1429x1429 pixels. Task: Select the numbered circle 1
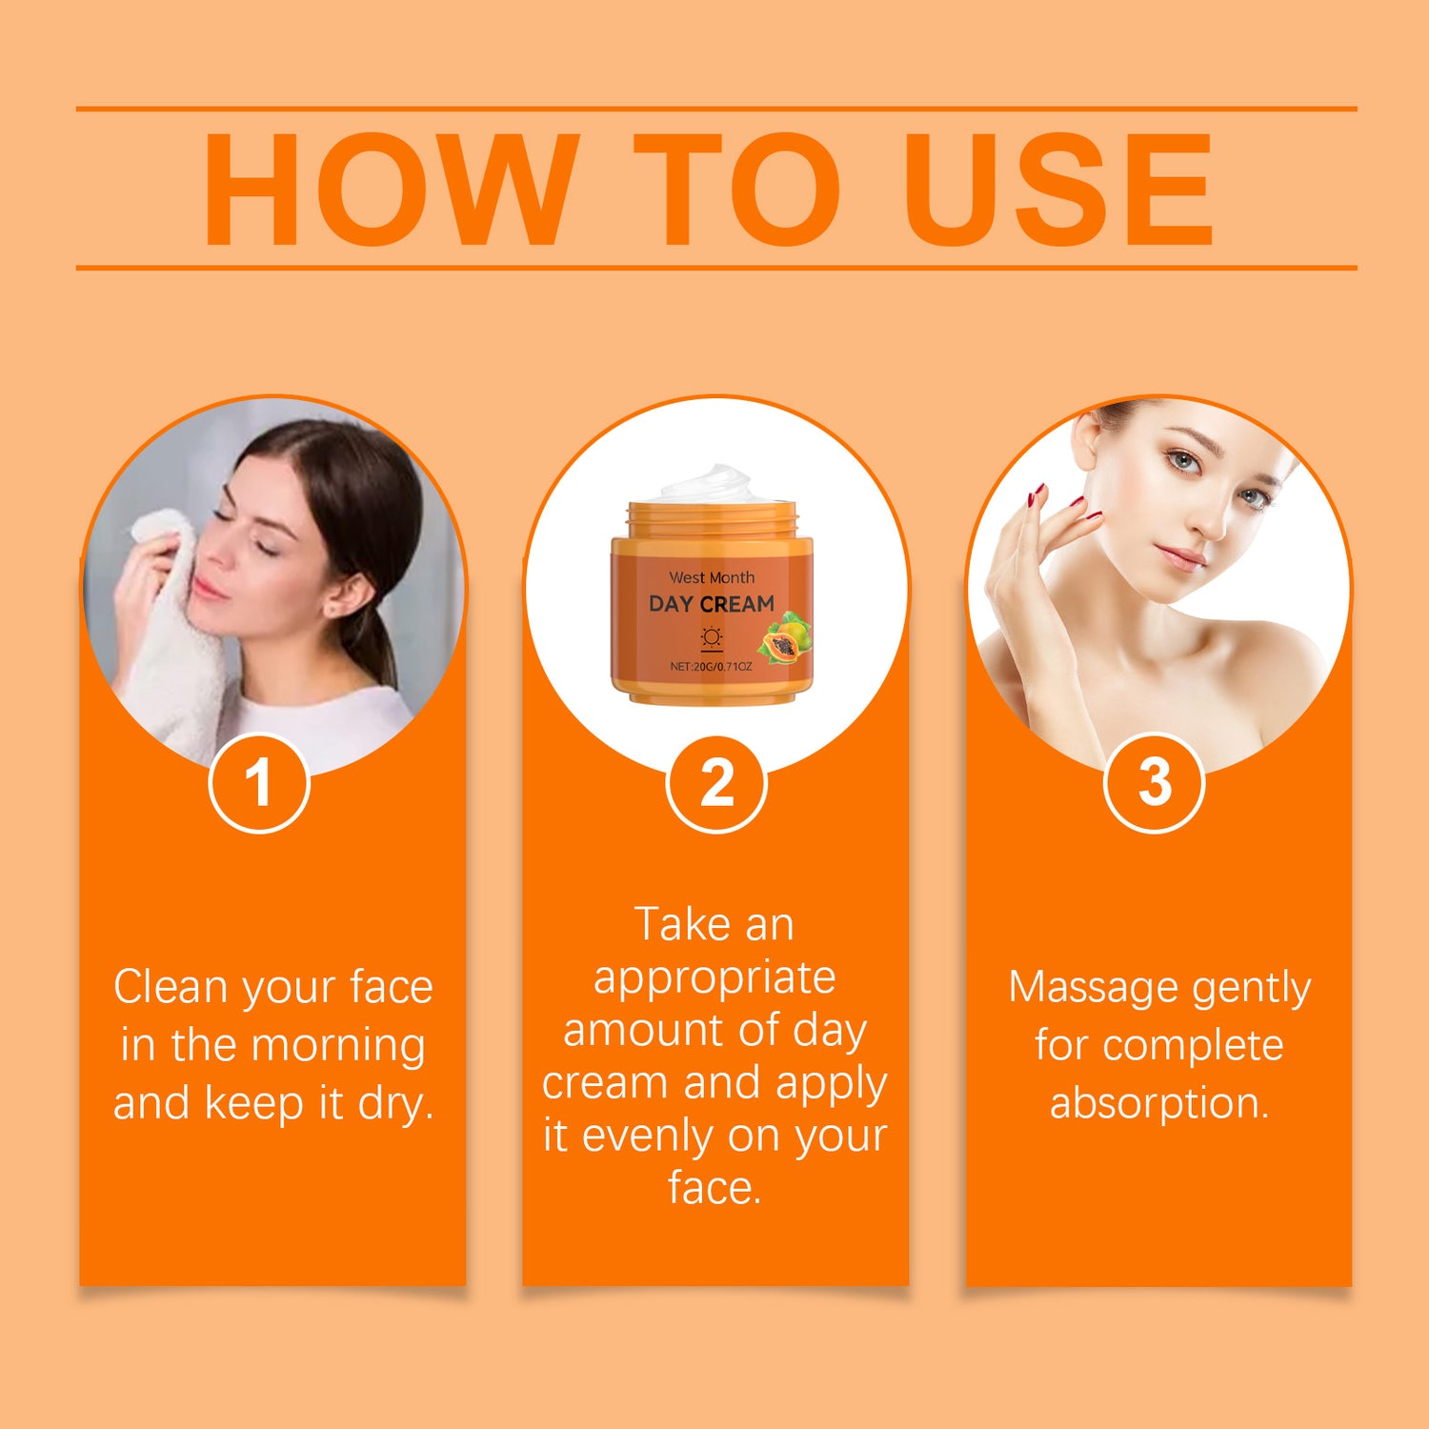pos(259,783)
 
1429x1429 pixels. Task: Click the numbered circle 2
pos(716,783)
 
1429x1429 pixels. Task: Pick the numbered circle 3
pos(1155,783)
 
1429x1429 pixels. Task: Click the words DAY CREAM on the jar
pos(712,604)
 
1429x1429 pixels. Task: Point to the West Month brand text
pos(712,577)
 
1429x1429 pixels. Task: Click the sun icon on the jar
pos(712,637)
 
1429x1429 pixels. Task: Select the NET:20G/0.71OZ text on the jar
pos(711,666)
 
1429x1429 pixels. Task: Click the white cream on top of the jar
pos(711,484)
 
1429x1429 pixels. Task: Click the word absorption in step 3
pos(1159,1103)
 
